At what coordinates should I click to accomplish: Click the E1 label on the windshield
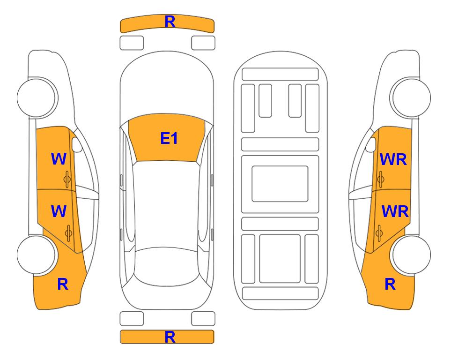169,138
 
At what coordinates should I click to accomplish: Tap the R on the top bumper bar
170,22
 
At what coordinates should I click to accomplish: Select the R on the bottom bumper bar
170,337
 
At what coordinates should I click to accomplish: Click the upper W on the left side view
59,159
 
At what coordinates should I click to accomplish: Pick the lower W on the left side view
59,211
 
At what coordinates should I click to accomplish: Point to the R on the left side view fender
62,284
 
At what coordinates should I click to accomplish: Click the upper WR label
393,160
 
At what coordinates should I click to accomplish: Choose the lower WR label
395,211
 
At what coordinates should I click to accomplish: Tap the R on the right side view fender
390,284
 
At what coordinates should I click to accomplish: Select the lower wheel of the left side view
37,255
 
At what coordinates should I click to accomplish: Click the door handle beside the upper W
67,179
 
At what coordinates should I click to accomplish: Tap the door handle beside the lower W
69,232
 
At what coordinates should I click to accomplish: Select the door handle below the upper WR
381,179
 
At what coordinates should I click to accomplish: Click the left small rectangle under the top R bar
132,43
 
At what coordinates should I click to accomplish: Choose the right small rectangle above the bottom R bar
203,319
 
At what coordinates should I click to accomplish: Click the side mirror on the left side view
77,145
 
